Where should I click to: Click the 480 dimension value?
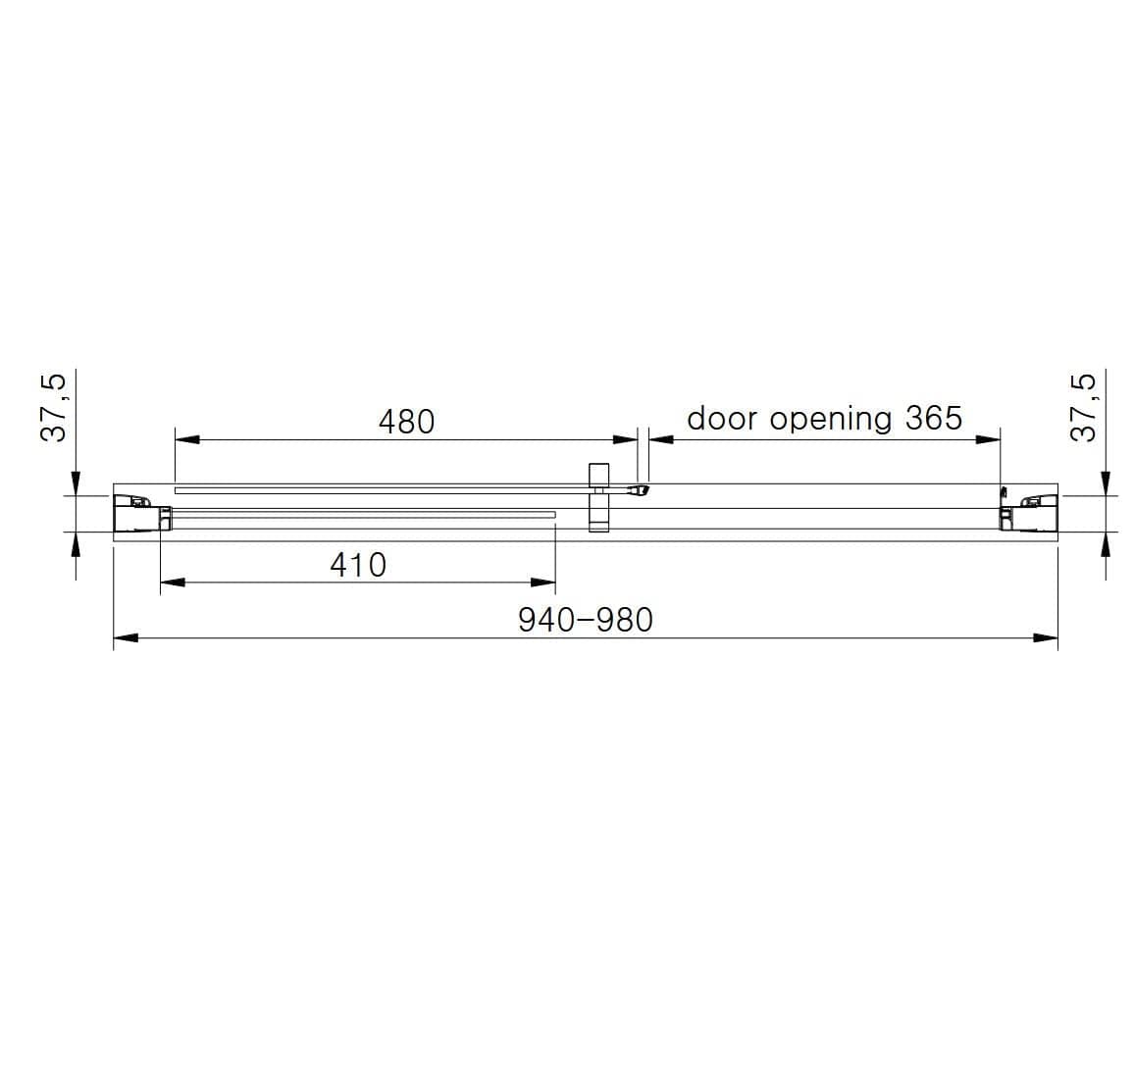point(406,421)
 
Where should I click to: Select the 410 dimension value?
point(358,565)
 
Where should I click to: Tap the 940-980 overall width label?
point(585,620)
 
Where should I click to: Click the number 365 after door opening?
point(933,418)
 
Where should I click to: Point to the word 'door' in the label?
point(722,418)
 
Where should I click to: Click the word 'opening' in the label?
point(831,420)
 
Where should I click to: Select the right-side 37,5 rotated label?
point(1083,406)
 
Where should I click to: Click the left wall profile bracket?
point(137,513)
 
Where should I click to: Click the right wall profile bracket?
point(1028,512)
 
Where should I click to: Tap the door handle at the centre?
point(598,497)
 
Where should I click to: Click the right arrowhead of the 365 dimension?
point(988,439)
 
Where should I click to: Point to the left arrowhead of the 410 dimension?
point(172,583)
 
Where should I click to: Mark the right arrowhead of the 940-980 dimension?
point(1046,638)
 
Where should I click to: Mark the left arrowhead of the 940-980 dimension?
point(126,638)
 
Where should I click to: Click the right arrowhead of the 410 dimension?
point(543,583)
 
